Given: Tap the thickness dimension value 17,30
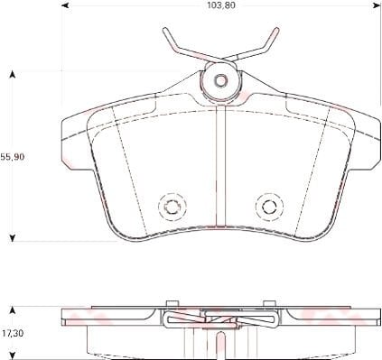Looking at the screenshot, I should point(12,333).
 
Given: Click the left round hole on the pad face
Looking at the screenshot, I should point(169,207).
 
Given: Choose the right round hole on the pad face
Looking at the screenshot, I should point(268,207).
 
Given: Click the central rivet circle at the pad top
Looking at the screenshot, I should point(219,81).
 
